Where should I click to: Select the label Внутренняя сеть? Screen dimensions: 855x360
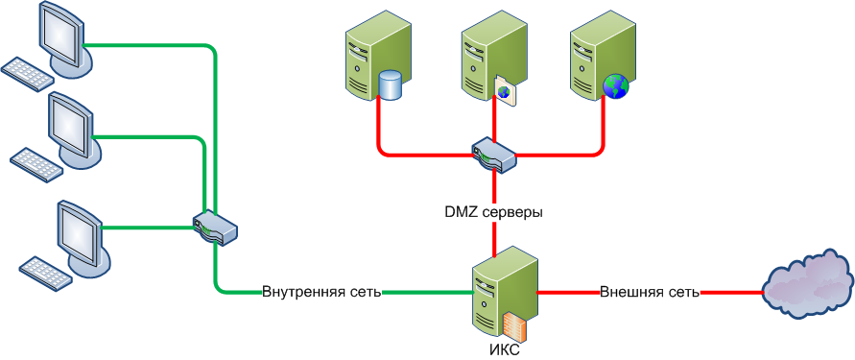click(321, 292)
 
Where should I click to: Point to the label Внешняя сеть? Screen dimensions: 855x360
click(650, 292)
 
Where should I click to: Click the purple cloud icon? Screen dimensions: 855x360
click(806, 285)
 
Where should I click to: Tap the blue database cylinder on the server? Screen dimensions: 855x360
click(390, 84)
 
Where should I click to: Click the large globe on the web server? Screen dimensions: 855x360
click(616, 86)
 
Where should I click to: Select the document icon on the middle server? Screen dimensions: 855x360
click(505, 90)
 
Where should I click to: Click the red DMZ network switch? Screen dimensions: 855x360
click(493, 155)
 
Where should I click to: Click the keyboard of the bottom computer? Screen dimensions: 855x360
click(46, 273)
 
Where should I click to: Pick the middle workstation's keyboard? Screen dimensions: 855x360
click(37, 162)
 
